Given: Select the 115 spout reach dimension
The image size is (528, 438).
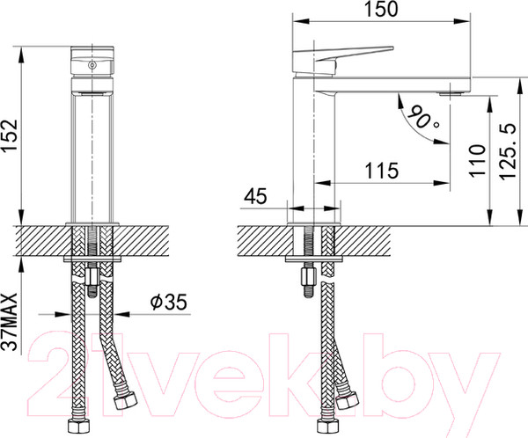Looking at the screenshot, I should (x=380, y=169).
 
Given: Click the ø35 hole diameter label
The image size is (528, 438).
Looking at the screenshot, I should (x=168, y=302).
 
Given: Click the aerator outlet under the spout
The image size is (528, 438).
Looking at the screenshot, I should (x=454, y=91).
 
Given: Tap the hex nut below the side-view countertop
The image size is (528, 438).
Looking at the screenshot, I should (x=309, y=281).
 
